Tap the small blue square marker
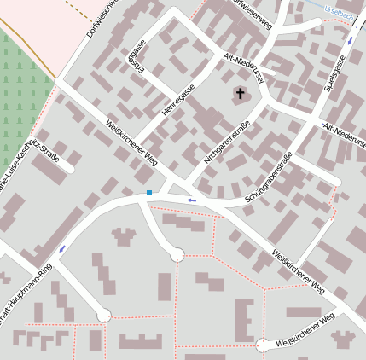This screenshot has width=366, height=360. click(x=149, y=193)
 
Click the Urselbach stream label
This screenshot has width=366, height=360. click(x=339, y=10)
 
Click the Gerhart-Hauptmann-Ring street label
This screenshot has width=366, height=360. click(x=26, y=295)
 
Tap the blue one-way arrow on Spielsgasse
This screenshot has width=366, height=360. click(x=349, y=40)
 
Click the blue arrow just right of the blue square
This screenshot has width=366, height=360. click(x=191, y=200)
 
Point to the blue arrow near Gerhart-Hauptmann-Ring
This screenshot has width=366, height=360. click(x=62, y=249)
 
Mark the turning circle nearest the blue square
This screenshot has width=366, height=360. click(x=177, y=254)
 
